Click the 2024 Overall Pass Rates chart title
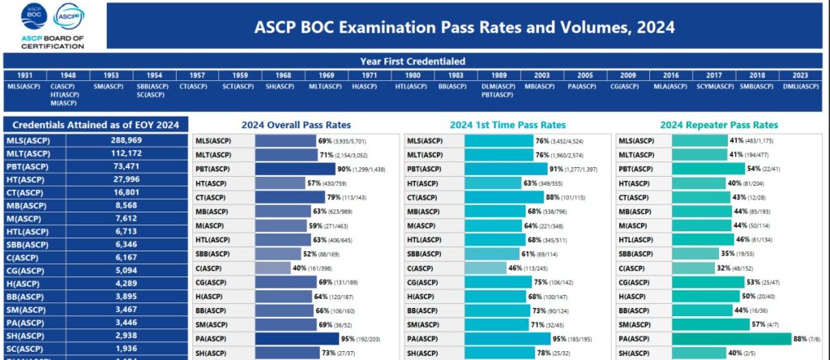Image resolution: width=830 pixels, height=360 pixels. pos(296,125)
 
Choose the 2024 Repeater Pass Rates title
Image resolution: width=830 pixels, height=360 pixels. pos(718,125)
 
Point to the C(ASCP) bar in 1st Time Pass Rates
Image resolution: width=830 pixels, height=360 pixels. pos(483,268)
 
